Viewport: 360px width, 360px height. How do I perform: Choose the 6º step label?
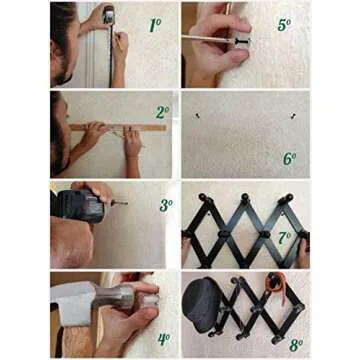[290, 158]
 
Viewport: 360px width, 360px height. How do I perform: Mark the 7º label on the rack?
[285, 238]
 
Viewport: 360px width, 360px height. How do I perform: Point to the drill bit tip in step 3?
[126, 203]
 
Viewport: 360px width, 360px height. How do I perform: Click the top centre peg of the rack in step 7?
[243, 197]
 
